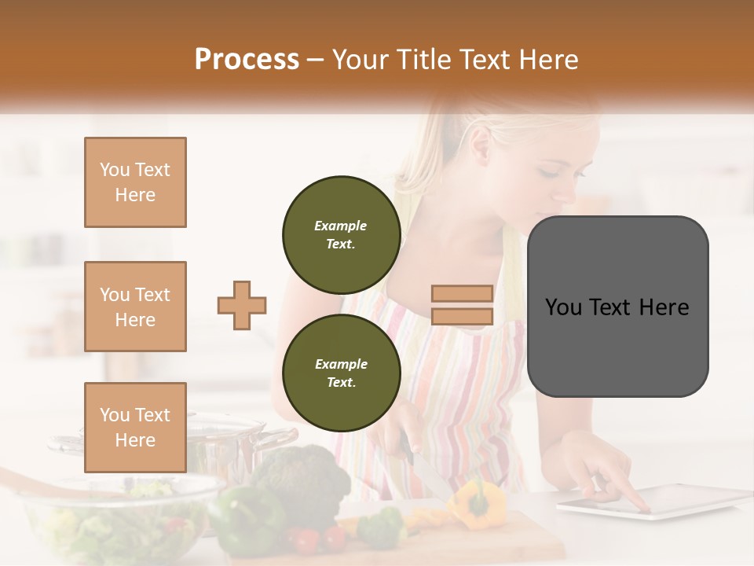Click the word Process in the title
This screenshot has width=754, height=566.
point(247,60)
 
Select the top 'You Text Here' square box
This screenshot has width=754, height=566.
point(135,182)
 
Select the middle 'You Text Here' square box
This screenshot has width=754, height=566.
point(135,307)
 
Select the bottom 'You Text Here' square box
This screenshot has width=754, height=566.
point(135,427)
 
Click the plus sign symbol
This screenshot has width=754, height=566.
point(242,306)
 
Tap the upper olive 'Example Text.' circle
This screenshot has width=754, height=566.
point(341,234)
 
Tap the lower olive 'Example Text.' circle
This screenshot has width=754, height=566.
point(341,373)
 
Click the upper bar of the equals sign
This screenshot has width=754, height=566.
point(462,294)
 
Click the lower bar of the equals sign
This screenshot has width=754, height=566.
point(462,317)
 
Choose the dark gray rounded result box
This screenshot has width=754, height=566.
point(617,306)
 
